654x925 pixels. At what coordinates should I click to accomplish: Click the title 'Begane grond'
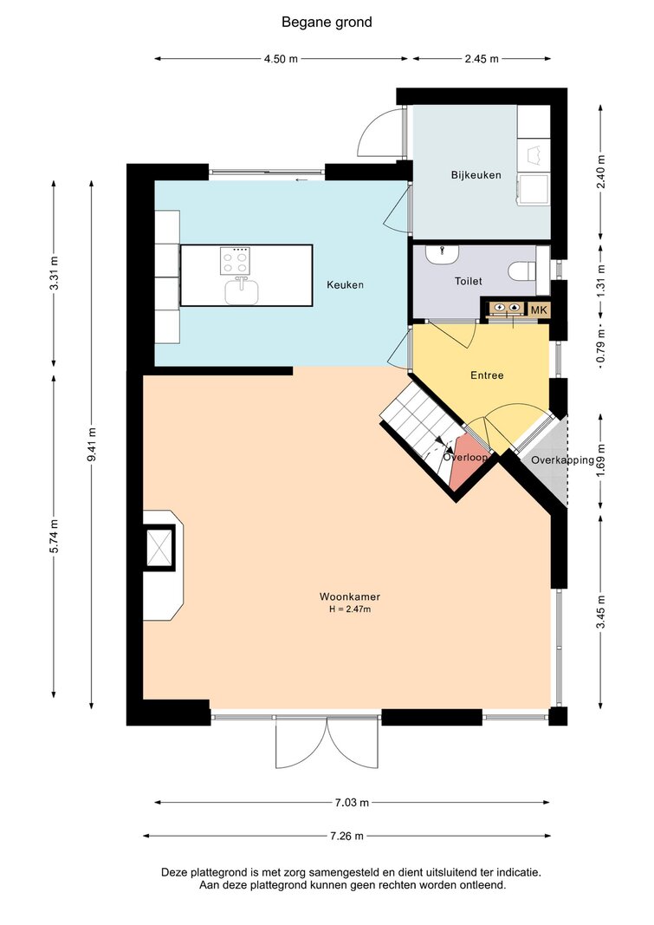(x=327, y=23)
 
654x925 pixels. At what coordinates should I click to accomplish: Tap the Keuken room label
(x=346, y=285)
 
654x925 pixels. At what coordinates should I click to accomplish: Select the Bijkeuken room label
(x=476, y=175)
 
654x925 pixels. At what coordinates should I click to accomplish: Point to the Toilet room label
(x=469, y=282)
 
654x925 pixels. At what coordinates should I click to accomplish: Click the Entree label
(x=487, y=375)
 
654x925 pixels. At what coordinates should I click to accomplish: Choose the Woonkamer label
(x=350, y=596)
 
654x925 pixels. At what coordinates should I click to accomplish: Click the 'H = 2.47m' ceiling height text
(x=350, y=609)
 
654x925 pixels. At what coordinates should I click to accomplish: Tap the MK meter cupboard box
(x=539, y=309)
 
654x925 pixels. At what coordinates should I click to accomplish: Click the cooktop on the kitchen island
(x=235, y=261)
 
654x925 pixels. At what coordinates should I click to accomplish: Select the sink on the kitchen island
(x=242, y=290)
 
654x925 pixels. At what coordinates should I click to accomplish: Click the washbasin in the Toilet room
(x=442, y=254)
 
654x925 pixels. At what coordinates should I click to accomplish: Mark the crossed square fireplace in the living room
(x=159, y=547)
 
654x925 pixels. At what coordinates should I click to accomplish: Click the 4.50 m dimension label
(x=281, y=59)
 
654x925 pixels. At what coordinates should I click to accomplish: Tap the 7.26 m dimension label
(x=346, y=836)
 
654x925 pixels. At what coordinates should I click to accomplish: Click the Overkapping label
(x=563, y=460)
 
